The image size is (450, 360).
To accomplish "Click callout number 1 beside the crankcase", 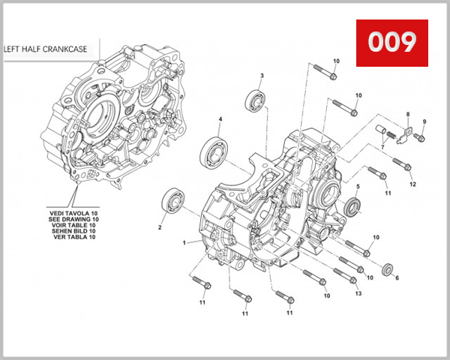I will (184, 242).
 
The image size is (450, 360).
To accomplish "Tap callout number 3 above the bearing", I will (262, 76).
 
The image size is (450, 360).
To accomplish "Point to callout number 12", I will (412, 184).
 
